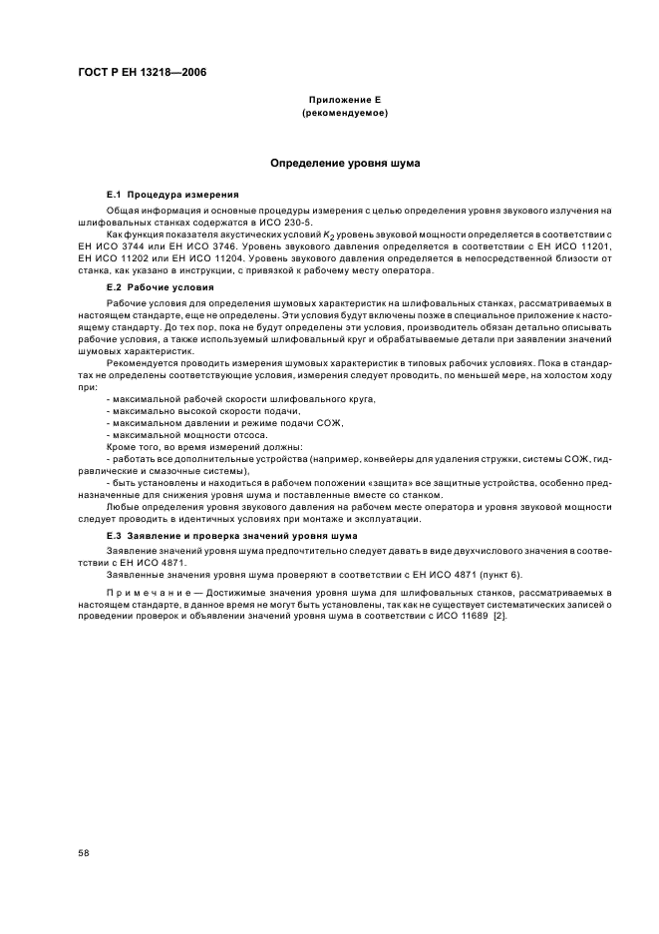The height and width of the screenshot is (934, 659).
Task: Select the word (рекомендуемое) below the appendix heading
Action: click(x=343, y=114)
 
